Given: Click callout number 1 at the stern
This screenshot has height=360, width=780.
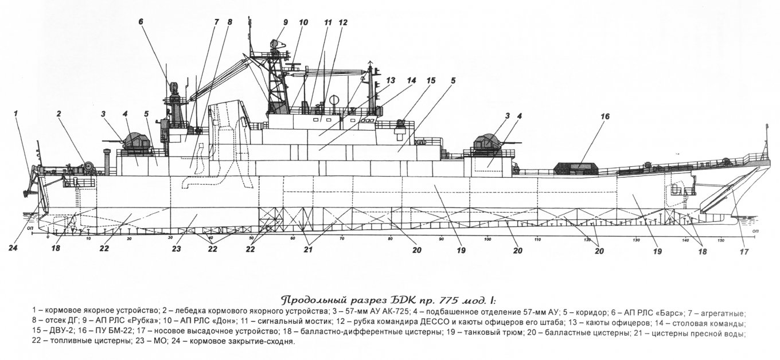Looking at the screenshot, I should (17, 114).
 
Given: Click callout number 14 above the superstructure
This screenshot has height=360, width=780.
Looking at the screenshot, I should (411, 81).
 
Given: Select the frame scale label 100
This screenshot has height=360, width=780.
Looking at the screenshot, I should (488, 238).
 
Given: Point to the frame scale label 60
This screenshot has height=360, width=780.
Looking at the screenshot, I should (293, 238).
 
